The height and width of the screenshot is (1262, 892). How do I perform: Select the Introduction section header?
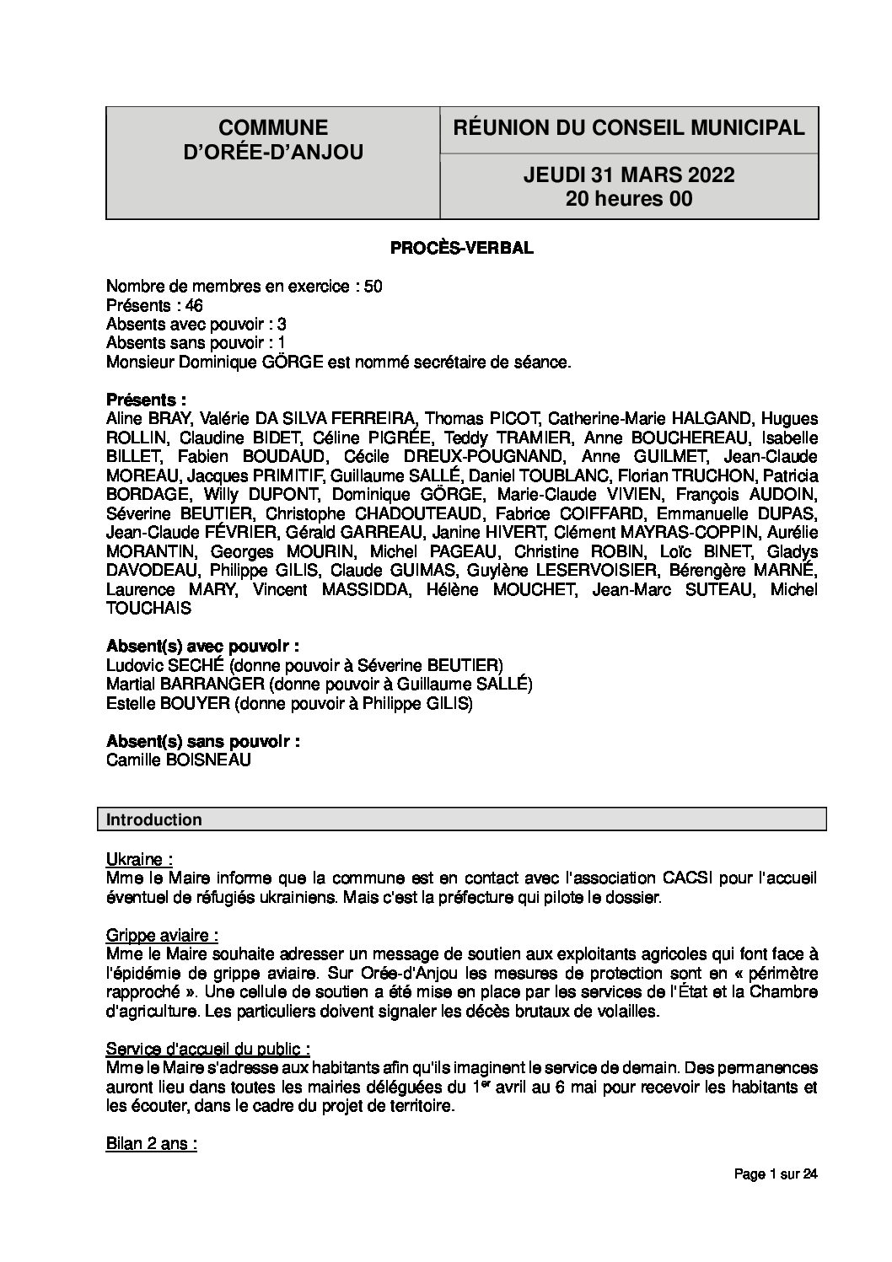tap(154, 819)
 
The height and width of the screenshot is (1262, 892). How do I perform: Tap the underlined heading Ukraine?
tap(139, 859)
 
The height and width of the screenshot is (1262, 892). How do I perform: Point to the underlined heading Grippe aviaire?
tap(163, 935)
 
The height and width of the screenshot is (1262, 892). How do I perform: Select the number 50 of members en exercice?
tap(373, 286)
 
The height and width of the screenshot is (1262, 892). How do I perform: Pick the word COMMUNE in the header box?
tap(272, 127)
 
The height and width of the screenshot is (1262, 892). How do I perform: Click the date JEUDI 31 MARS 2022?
tap(629, 175)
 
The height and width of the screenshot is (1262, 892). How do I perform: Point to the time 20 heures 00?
tap(629, 199)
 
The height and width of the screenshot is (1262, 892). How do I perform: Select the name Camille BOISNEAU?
tap(179, 760)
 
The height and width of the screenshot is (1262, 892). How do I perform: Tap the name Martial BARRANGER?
tap(174, 684)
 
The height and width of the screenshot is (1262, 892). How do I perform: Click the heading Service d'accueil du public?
tap(207, 1049)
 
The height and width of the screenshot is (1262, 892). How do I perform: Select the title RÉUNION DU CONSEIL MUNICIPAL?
tap(629, 128)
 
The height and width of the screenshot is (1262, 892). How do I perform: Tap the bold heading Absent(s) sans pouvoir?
tap(203, 741)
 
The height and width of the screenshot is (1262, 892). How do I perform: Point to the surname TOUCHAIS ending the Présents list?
tap(149, 607)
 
